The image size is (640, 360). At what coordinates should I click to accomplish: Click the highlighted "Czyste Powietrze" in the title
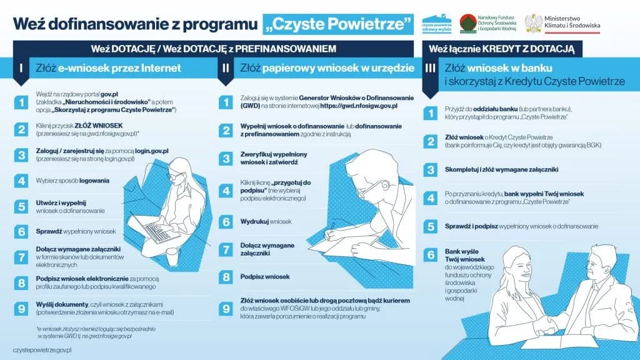point(338,24)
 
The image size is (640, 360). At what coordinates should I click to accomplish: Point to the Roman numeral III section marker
point(430,69)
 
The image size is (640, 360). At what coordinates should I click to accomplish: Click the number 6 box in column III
point(430,254)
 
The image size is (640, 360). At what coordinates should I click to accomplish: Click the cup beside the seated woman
point(171,256)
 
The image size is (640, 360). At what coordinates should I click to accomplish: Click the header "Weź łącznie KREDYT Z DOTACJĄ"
point(502,48)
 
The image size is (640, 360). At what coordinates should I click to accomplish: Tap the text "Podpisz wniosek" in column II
point(265,276)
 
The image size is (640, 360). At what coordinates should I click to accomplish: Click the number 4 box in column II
point(226,189)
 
